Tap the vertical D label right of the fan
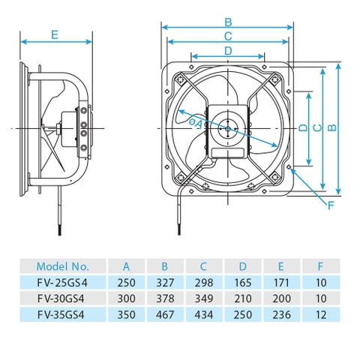(302, 127)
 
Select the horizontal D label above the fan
(228, 49)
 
